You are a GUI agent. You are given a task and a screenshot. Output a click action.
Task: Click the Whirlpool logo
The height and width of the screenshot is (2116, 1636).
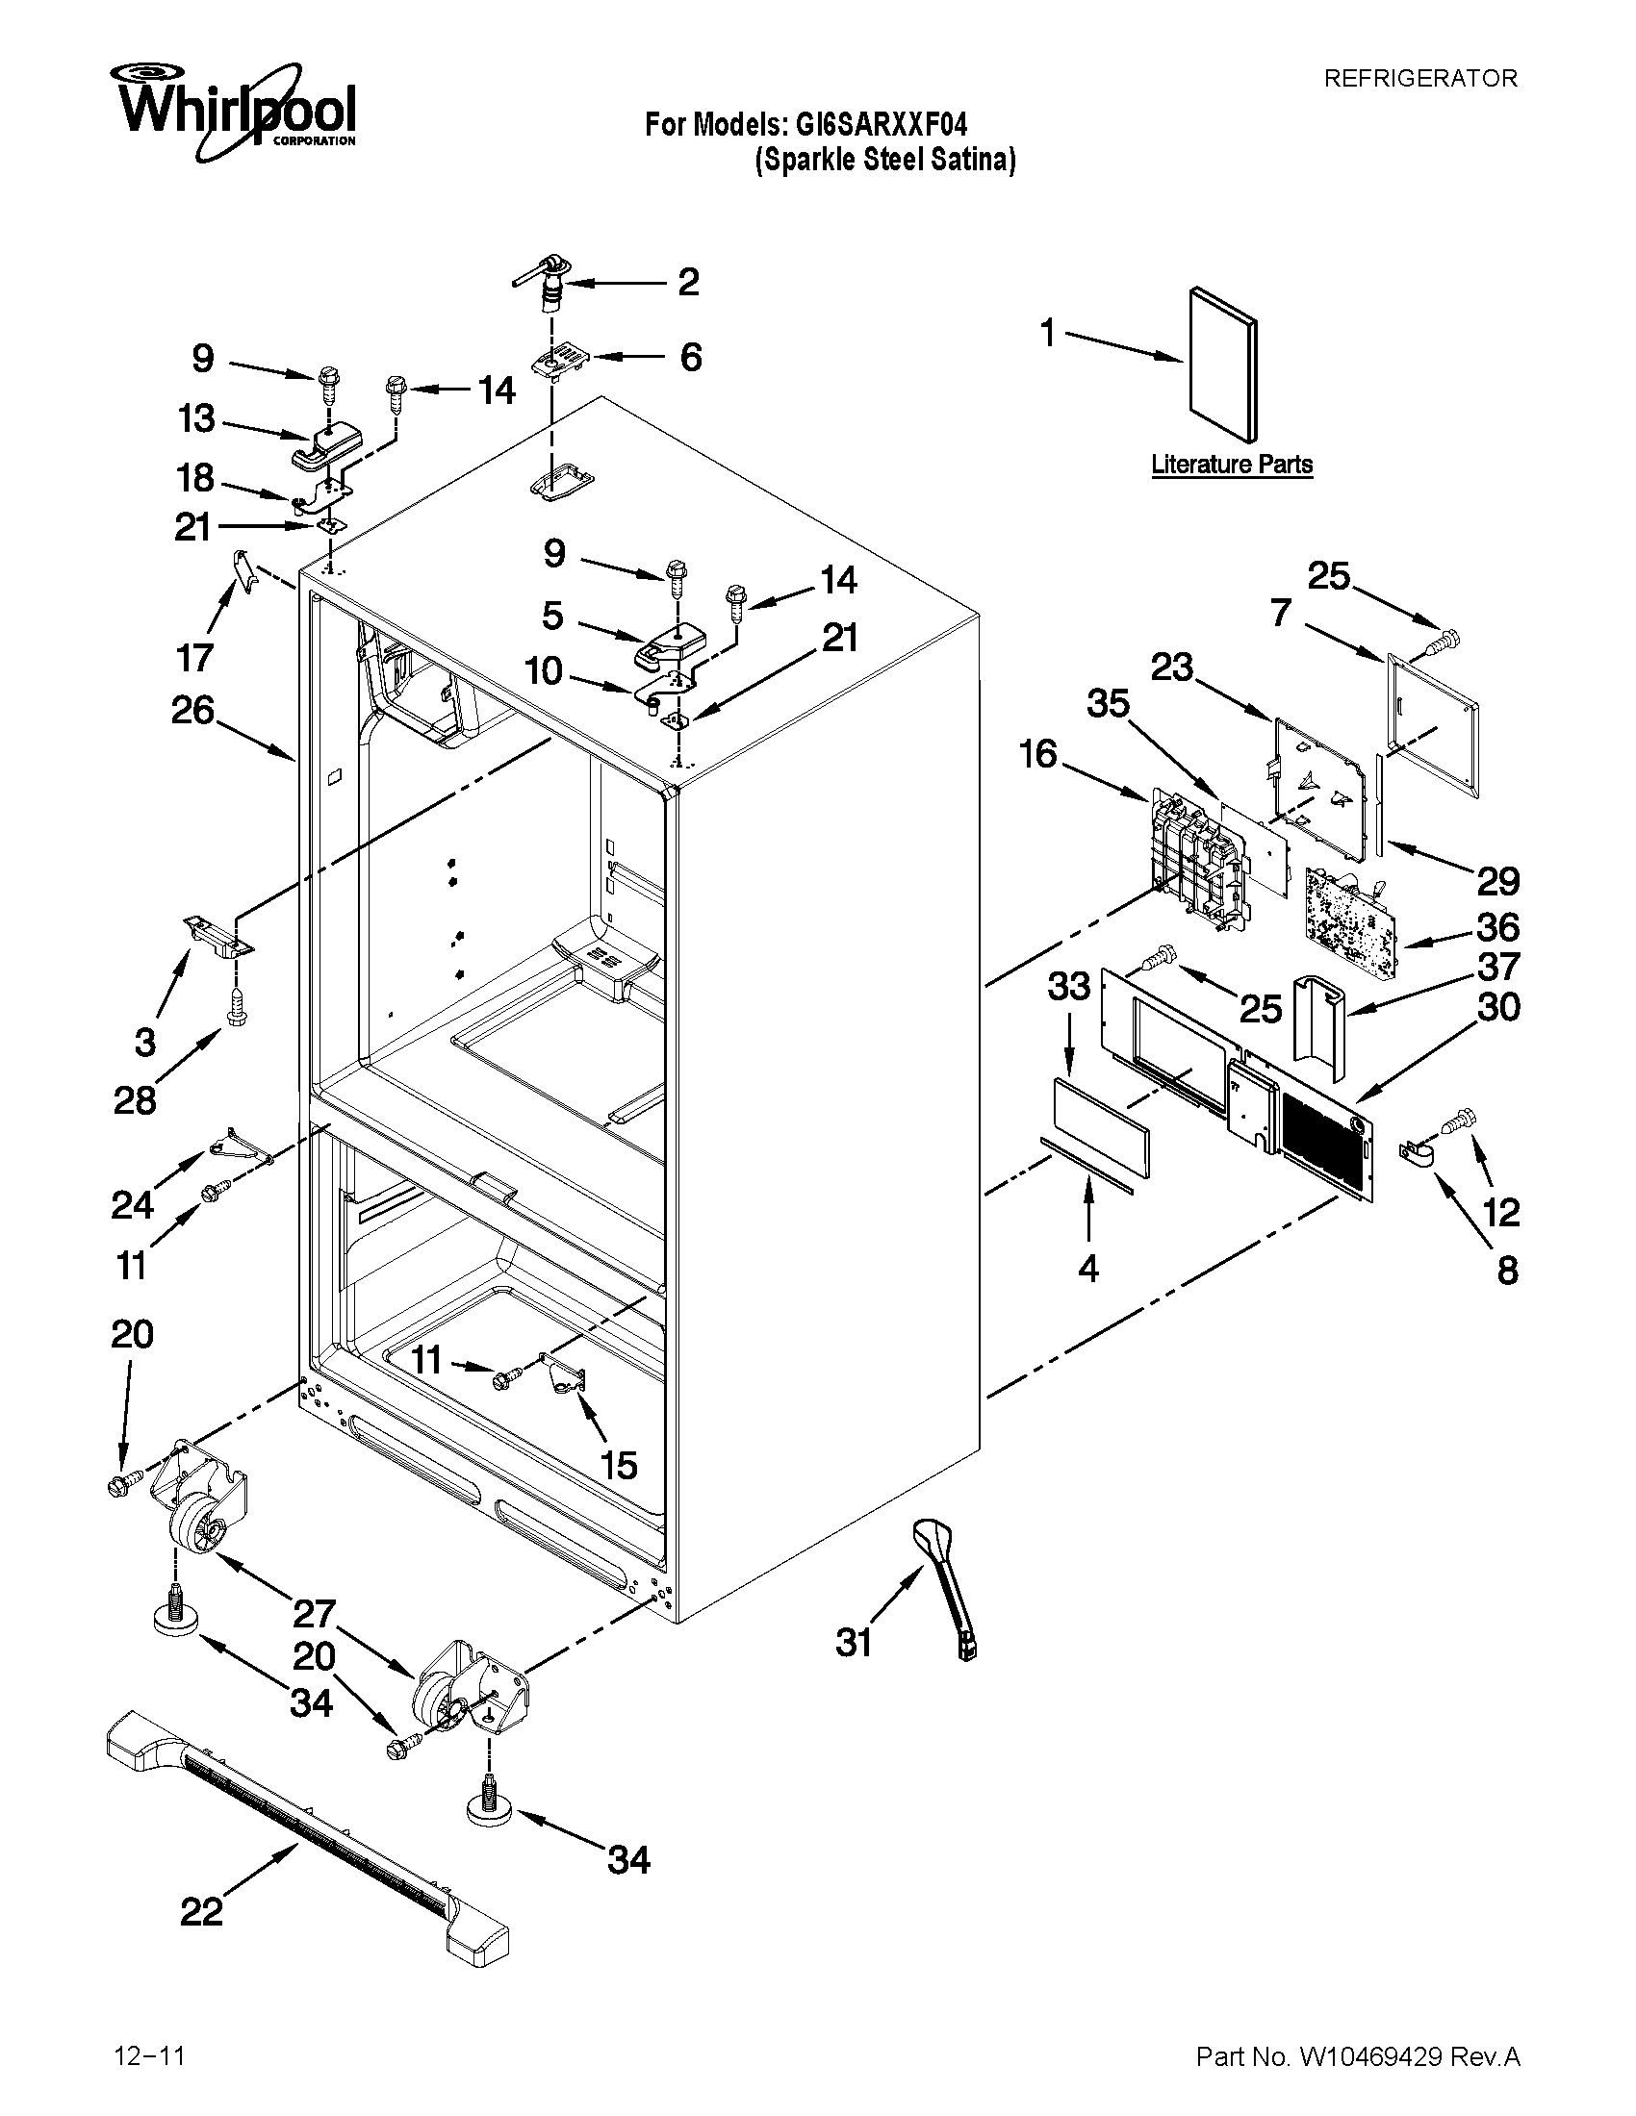[233, 112]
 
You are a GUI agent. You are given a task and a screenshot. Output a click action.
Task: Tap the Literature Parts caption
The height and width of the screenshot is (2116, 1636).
[1231, 465]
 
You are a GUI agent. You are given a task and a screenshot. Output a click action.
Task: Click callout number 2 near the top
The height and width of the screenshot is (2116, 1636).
[687, 282]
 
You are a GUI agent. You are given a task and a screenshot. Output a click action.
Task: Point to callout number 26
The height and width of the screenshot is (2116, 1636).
[192, 710]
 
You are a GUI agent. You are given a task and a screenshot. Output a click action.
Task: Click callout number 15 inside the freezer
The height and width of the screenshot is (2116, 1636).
[619, 1465]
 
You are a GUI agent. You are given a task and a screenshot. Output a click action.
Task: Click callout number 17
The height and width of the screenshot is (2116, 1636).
[194, 658]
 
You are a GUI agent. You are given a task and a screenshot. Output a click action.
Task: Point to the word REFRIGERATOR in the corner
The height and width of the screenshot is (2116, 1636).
[1419, 79]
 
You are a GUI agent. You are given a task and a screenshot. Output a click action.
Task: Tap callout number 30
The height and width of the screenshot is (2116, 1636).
[1497, 1008]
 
